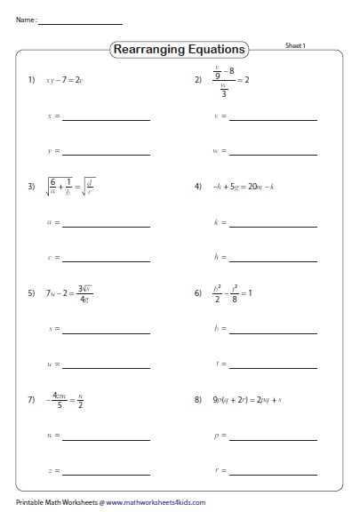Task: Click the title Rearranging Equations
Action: click(180, 50)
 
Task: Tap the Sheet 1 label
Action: click(296, 44)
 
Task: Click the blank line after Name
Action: click(81, 23)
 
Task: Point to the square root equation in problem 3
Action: click(73, 187)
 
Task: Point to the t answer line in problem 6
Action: click(273, 364)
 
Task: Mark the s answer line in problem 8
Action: click(273, 471)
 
